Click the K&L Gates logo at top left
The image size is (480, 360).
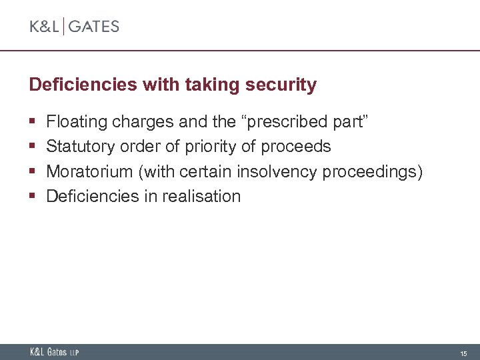pyautogui.click(x=74, y=27)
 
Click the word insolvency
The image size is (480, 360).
pyautogui.click(x=277, y=171)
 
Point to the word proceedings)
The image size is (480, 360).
pyautogui.click(x=373, y=172)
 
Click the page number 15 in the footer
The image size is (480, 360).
pyautogui.click(x=463, y=353)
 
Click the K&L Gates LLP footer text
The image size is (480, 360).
pyautogui.click(x=54, y=352)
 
